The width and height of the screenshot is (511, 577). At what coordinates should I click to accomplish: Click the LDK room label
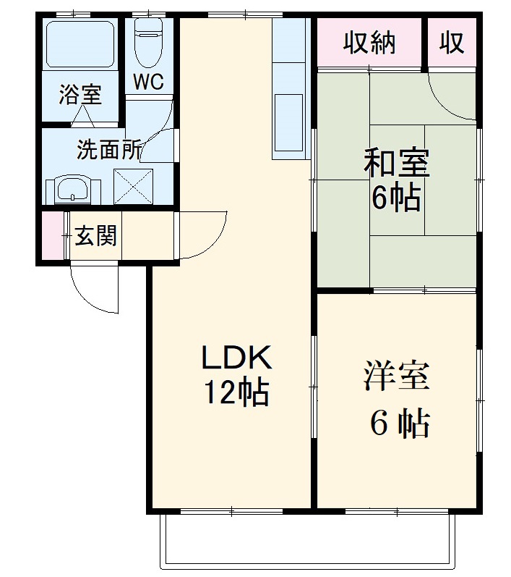(236, 358)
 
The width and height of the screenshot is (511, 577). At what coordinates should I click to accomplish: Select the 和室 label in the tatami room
(396, 164)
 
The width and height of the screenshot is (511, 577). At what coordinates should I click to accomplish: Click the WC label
(147, 82)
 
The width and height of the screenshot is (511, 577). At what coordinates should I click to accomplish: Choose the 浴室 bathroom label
(80, 94)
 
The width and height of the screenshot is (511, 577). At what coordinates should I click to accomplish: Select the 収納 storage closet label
(369, 43)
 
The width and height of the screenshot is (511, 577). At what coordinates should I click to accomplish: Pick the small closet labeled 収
(452, 43)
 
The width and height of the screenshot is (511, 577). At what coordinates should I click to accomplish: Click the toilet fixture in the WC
(149, 39)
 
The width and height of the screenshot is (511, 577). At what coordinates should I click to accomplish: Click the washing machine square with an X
(134, 185)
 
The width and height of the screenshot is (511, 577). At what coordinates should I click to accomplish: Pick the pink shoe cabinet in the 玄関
(52, 235)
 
